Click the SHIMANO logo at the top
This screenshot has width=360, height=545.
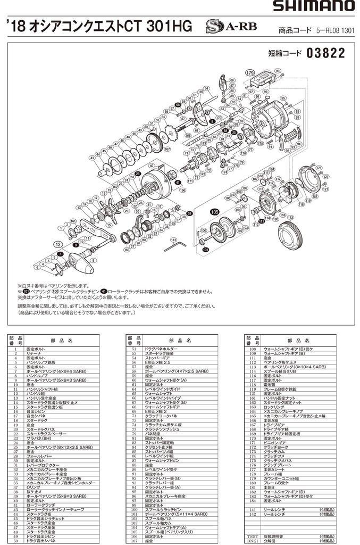tap(313, 6)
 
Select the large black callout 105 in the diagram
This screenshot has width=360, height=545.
tap(214, 212)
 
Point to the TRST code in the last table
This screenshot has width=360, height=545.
tap(251, 536)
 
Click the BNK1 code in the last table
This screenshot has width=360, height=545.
tap(251, 541)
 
